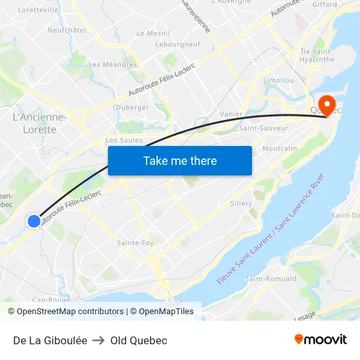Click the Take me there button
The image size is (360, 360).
point(180,160)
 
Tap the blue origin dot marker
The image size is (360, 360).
point(34,221)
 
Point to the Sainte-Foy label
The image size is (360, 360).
point(135,243)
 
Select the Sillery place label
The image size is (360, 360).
point(241,204)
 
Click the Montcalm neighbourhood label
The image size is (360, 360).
point(279,149)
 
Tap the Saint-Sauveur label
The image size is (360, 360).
point(263,128)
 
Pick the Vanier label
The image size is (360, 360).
point(231,114)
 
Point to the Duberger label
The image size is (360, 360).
point(132,107)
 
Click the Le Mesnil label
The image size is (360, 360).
point(153,33)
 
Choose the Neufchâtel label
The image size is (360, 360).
point(67,30)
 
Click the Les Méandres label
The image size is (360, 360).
point(113,64)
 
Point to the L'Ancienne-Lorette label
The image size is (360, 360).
point(39,123)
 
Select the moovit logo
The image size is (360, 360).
point(321,339)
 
